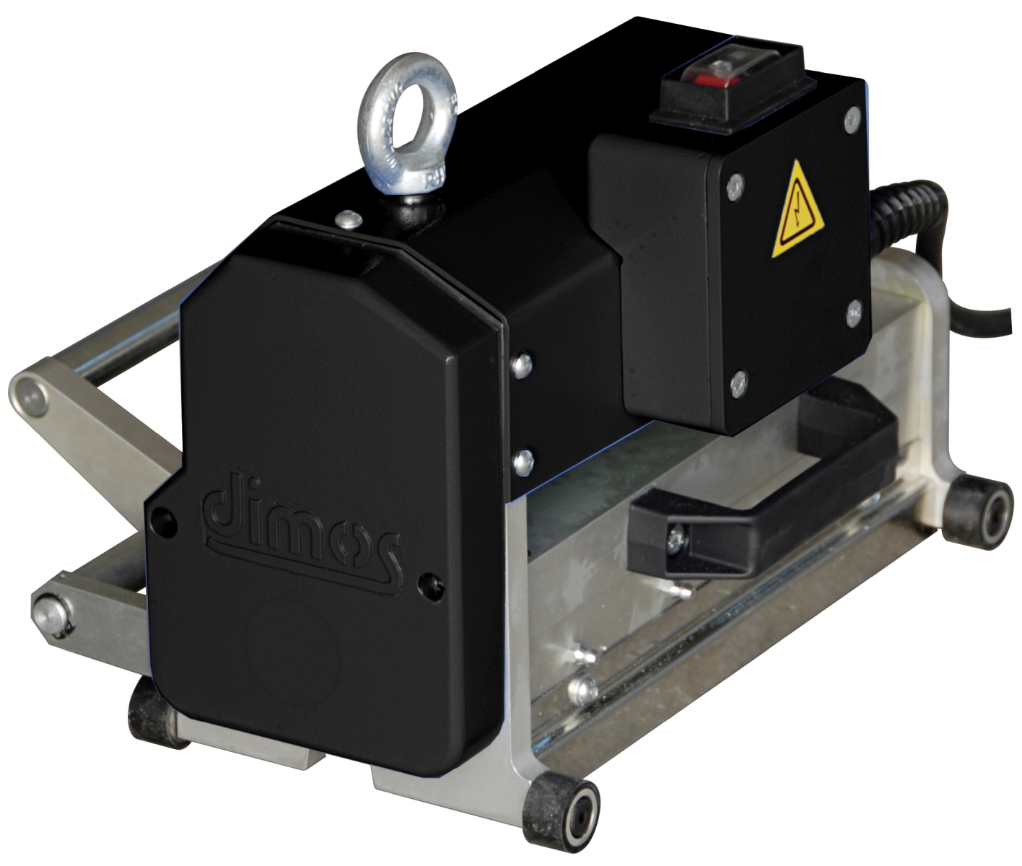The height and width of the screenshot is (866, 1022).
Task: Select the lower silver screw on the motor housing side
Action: pos(523,462)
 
